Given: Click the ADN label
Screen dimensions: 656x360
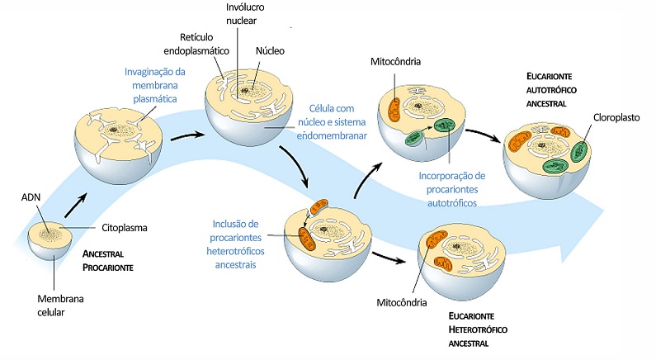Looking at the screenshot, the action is coord(31,197).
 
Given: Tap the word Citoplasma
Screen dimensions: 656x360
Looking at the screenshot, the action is coord(125,228).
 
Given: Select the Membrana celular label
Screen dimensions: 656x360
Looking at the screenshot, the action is coord(60,306).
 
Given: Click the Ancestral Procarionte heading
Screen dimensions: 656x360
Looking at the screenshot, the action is coord(107,261).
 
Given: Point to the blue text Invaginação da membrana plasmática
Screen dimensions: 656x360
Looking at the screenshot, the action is coord(155,85).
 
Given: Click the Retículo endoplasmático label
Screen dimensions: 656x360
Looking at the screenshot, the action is coord(196,44).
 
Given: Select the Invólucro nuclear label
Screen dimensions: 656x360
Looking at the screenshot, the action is coord(245,14).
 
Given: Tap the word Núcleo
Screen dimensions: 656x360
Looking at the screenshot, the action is coord(270,51).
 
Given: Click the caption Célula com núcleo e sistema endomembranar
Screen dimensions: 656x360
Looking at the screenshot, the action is coord(332,122).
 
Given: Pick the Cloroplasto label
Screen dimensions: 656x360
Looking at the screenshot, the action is coord(616,117).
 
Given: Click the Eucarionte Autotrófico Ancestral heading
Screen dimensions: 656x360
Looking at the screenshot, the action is coord(551,90).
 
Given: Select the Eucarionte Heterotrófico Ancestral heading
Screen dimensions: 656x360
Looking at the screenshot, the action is coord(478,329).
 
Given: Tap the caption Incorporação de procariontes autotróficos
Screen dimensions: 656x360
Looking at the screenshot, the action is coord(452,189).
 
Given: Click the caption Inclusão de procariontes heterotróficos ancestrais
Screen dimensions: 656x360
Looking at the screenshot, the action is coord(235,244).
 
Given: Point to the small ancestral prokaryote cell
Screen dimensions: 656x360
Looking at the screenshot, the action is coord(50,241).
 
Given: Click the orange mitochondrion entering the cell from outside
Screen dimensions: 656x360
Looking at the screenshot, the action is coord(319,206).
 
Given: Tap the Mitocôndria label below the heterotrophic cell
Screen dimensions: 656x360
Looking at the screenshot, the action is coord(402,302).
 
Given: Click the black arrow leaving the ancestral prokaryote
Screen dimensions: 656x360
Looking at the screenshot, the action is coord(76,205).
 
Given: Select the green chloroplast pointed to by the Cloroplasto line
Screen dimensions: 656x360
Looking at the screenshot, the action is coord(579,151).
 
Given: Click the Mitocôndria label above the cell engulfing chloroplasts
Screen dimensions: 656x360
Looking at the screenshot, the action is coord(395,62).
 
